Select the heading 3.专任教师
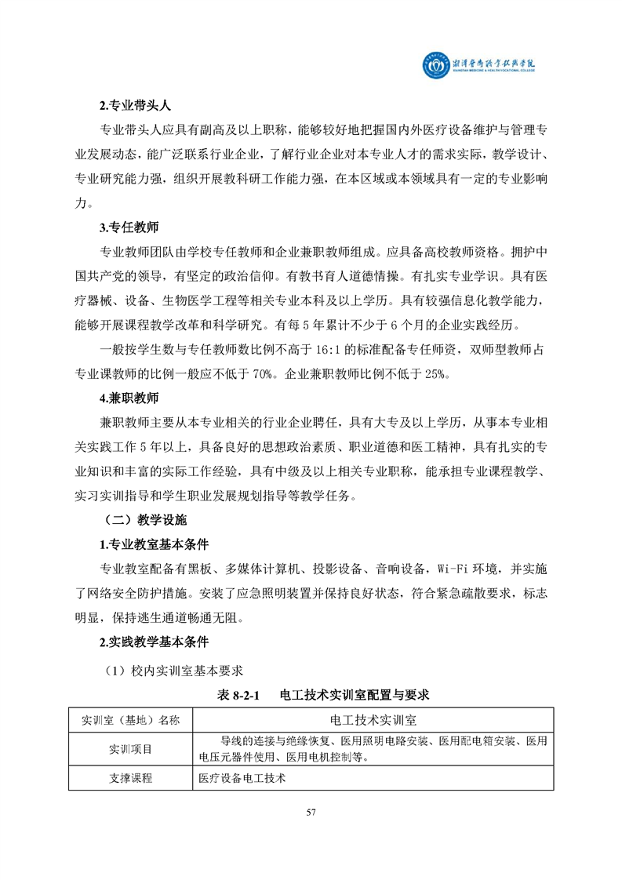click(129, 228)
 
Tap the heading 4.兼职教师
click(129, 398)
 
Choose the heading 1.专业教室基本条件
click(154, 544)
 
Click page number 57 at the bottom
click(311, 812)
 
